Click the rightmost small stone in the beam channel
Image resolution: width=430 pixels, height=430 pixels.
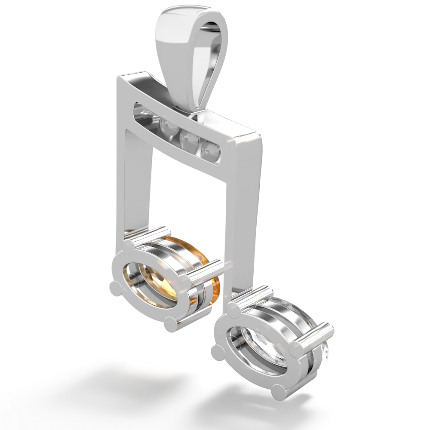coord(212,149)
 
